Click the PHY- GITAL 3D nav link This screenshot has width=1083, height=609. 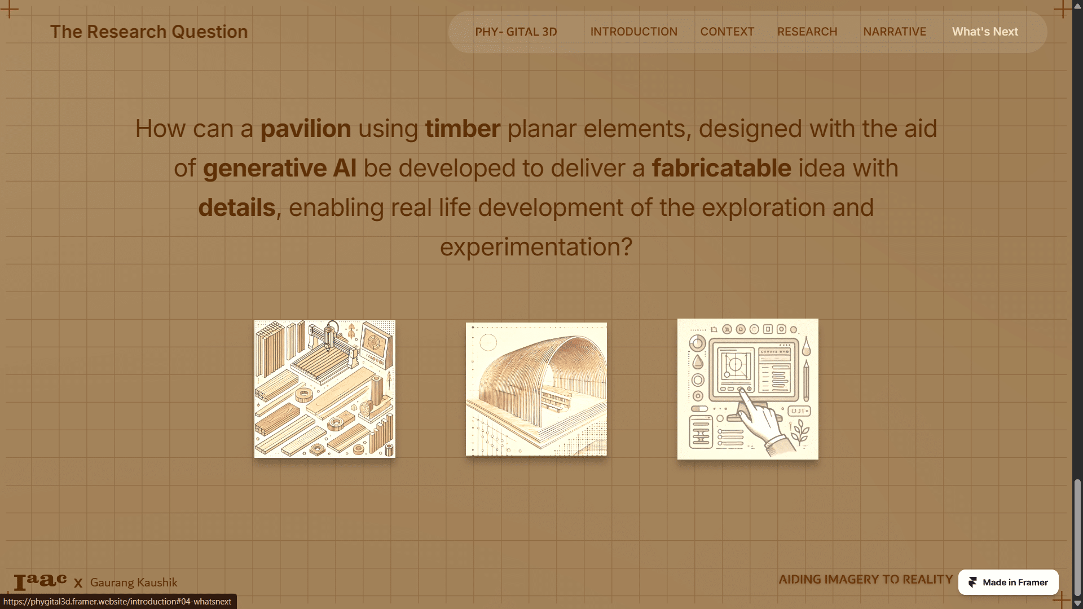[516, 32]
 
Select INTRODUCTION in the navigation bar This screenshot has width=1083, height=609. [633, 32]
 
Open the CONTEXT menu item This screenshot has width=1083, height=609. [727, 32]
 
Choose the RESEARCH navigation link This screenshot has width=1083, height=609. [807, 32]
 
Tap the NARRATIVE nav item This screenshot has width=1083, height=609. [895, 32]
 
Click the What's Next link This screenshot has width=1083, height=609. [985, 32]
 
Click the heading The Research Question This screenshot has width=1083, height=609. [149, 32]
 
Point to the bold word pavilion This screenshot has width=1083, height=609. [306, 129]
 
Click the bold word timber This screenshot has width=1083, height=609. [463, 129]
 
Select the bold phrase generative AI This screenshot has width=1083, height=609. [280, 168]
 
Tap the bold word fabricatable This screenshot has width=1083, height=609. [721, 168]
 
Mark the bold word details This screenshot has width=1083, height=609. [237, 208]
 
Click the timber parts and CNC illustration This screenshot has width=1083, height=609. [325, 389]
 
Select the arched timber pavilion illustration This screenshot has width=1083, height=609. [536, 389]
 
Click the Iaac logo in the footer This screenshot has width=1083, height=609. [40, 581]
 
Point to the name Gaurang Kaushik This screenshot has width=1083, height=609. [134, 582]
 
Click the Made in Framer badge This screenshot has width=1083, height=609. [1008, 582]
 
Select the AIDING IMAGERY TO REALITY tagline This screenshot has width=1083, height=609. [866, 580]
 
